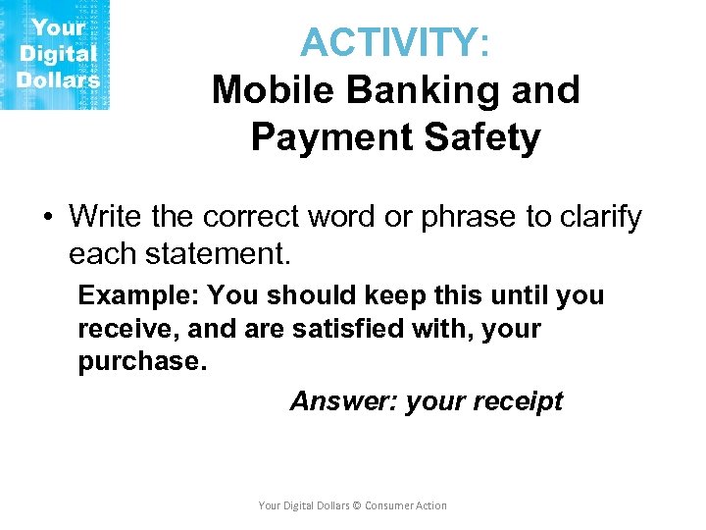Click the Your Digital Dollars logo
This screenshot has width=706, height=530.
point(55,54)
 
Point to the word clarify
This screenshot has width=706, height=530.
point(598,216)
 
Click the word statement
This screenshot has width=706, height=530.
point(218,255)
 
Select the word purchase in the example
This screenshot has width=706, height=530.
point(138,360)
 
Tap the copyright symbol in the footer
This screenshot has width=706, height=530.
point(357,505)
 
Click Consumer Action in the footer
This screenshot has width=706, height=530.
point(406,505)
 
